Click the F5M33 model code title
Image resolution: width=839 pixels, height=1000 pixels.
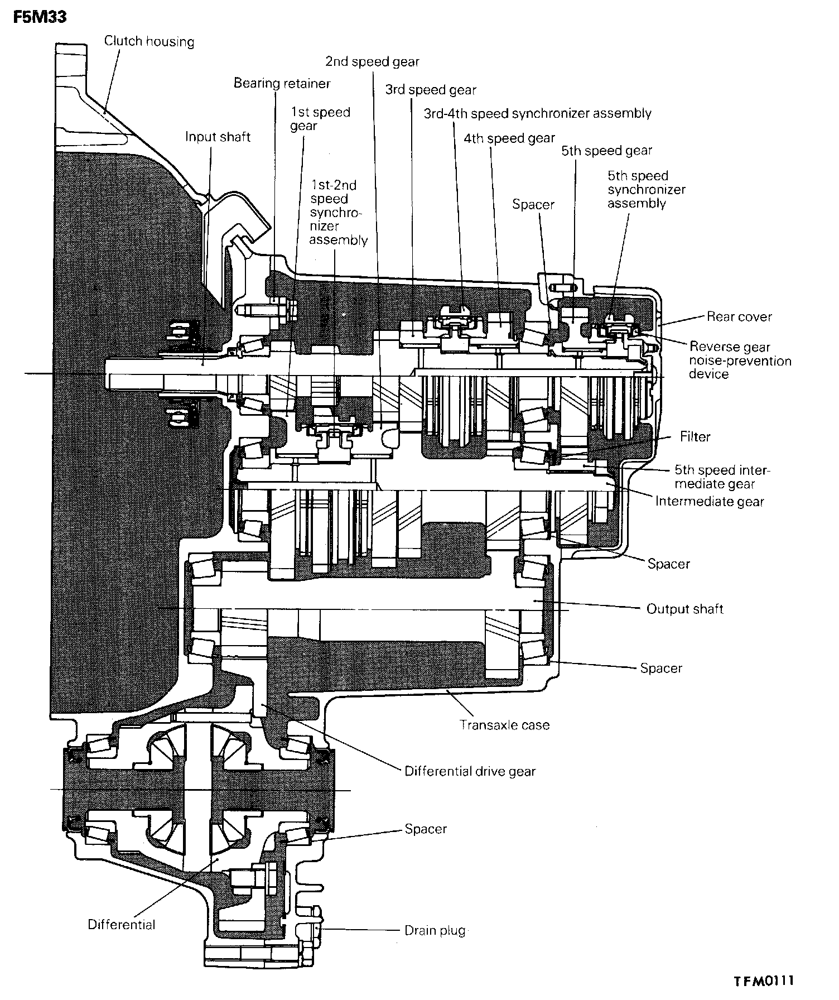point(39,17)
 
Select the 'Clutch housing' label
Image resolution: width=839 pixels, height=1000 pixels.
point(149,41)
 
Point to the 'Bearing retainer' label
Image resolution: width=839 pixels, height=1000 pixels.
point(282,83)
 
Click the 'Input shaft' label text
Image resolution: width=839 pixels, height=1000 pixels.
point(218,137)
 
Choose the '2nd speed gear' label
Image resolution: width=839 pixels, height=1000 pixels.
point(372,61)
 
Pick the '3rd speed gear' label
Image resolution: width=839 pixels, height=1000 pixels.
point(431,89)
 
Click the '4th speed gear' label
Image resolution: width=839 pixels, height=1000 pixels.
point(509,138)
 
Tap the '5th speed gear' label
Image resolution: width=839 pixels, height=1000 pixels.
point(606,151)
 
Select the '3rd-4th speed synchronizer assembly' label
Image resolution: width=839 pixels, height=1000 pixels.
point(537,114)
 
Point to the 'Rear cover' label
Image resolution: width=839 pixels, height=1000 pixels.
point(739,317)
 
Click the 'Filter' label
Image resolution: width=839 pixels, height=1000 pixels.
point(695,436)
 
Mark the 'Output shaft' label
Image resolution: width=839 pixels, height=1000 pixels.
point(684,609)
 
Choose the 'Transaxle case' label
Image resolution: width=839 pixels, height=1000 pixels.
point(504,725)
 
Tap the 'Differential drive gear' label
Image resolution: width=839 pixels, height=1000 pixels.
point(470,772)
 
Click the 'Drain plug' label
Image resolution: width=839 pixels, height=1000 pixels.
point(435,930)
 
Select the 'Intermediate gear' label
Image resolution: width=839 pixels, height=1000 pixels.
point(709,501)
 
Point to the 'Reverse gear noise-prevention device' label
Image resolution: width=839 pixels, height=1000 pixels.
point(740,360)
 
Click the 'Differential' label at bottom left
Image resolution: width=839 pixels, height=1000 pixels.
point(122,924)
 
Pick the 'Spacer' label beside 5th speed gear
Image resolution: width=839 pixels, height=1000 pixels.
point(533,205)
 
